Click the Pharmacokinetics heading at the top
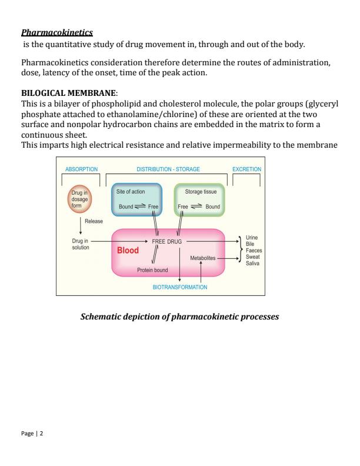click(57, 31)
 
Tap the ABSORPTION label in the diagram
click(81, 169)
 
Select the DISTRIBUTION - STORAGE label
click(168, 169)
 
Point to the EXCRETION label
click(246, 169)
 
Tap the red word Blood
click(128, 250)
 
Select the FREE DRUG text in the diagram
click(168, 242)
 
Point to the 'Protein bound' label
click(152, 270)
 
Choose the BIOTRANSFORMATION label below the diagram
click(180, 287)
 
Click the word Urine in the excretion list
click(251, 237)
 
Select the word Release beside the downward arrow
click(94, 222)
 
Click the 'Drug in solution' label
click(80, 244)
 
